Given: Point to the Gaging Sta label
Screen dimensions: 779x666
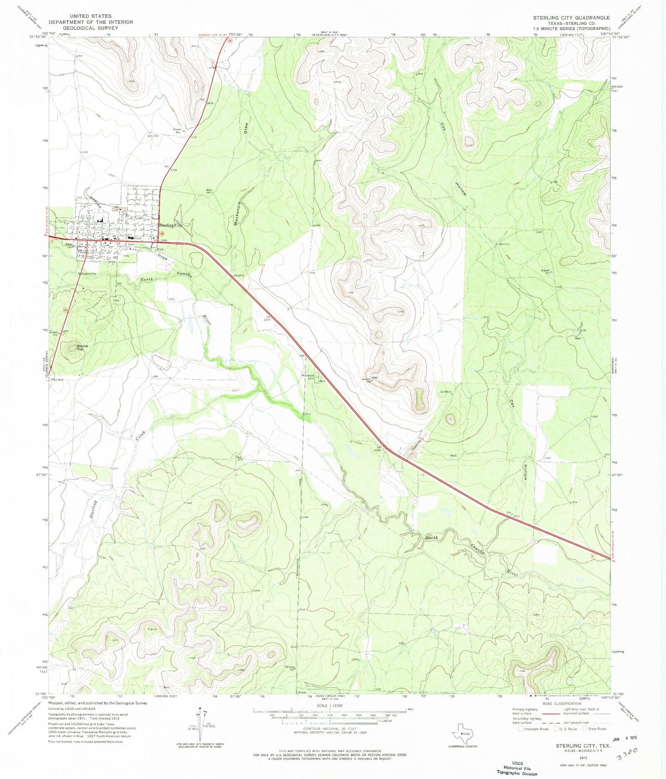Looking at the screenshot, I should point(88,273).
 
